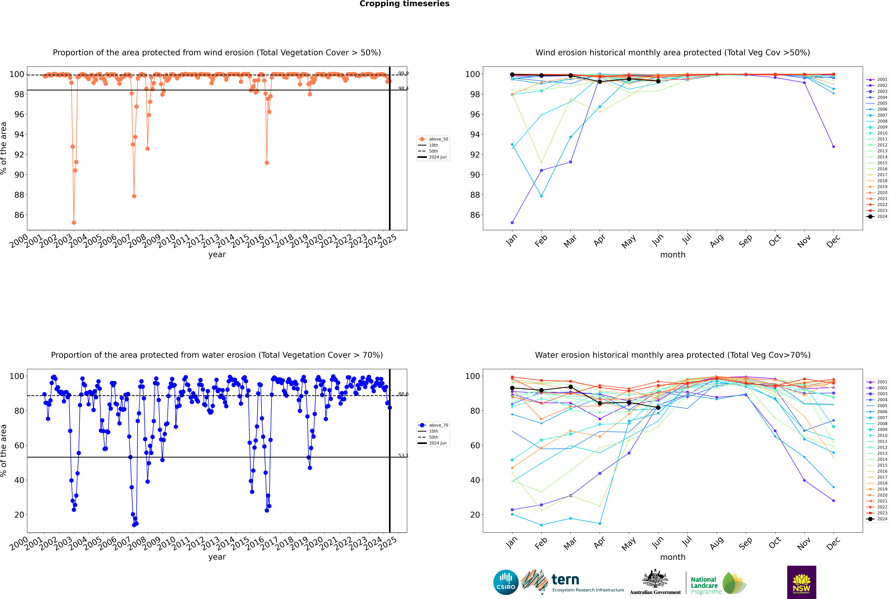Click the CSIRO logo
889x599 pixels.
tap(506, 582)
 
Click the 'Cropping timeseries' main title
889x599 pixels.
tap(404, 4)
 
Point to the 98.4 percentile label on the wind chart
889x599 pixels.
tap(403, 89)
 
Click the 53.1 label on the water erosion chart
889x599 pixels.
tap(403, 455)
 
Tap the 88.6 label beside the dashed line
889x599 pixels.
tap(403, 394)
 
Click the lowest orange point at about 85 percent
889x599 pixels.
tap(74, 223)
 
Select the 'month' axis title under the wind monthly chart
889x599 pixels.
tap(673, 255)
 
